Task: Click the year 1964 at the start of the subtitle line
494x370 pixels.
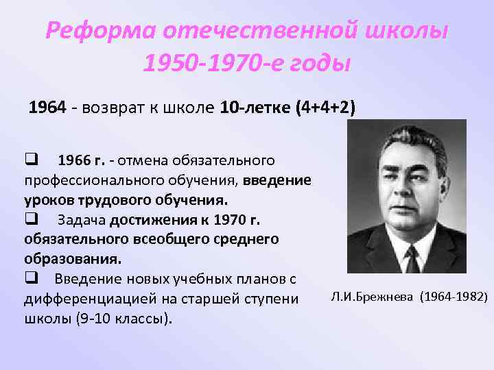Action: [x=47, y=108]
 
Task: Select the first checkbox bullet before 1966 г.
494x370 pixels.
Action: [x=31, y=161]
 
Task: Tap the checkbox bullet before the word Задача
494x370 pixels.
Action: [x=31, y=220]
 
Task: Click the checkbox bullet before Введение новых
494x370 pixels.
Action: [x=31, y=279]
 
